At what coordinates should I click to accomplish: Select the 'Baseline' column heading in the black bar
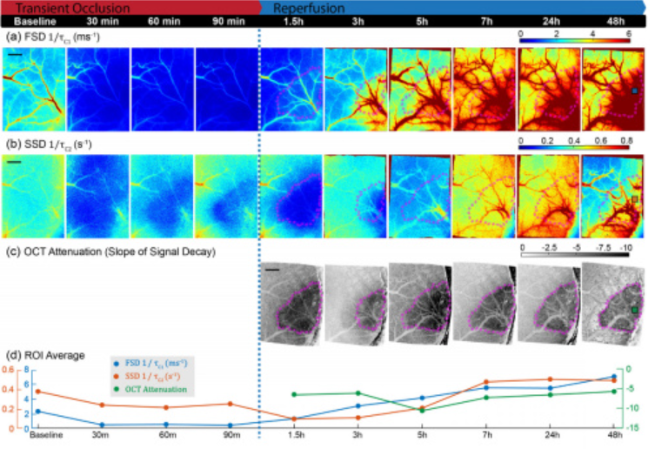pyautogui.click(x=30, y=20)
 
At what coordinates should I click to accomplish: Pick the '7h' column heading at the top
pyautogui.click(x=484, y=20)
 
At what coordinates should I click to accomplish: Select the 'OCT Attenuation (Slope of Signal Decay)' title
pyautogui.click(x=124, y=252)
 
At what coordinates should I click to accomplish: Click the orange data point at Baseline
pyautogui.click(x=37, y=392)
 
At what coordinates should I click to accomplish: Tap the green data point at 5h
pyautogui.click(x=422, y=409)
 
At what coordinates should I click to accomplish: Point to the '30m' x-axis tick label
pyautogui.click(x=102, y=435)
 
